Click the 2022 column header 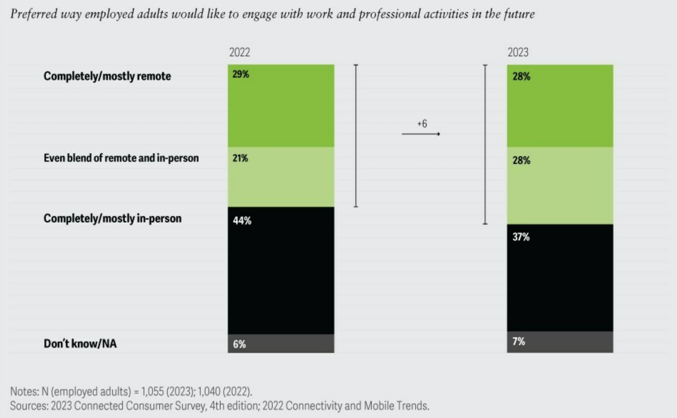[239, 52]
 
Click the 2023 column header [518, 52]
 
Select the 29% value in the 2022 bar [240, 74]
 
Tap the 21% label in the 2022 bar [240, 158]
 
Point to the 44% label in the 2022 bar [242, 221]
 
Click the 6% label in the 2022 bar [239, 344]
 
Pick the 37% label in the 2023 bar [521, 237]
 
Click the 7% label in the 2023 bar [518, 341]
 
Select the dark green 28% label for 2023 [521, 77]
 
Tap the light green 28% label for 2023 [521, 161]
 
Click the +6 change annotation [422, 124]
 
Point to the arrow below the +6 [421, 134]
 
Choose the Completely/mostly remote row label [107, 76]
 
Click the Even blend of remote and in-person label [121, 158]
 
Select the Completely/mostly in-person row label [112, 219]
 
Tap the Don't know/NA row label [80, 344]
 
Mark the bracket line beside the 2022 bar [356, 136]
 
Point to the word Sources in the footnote [28, 406]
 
